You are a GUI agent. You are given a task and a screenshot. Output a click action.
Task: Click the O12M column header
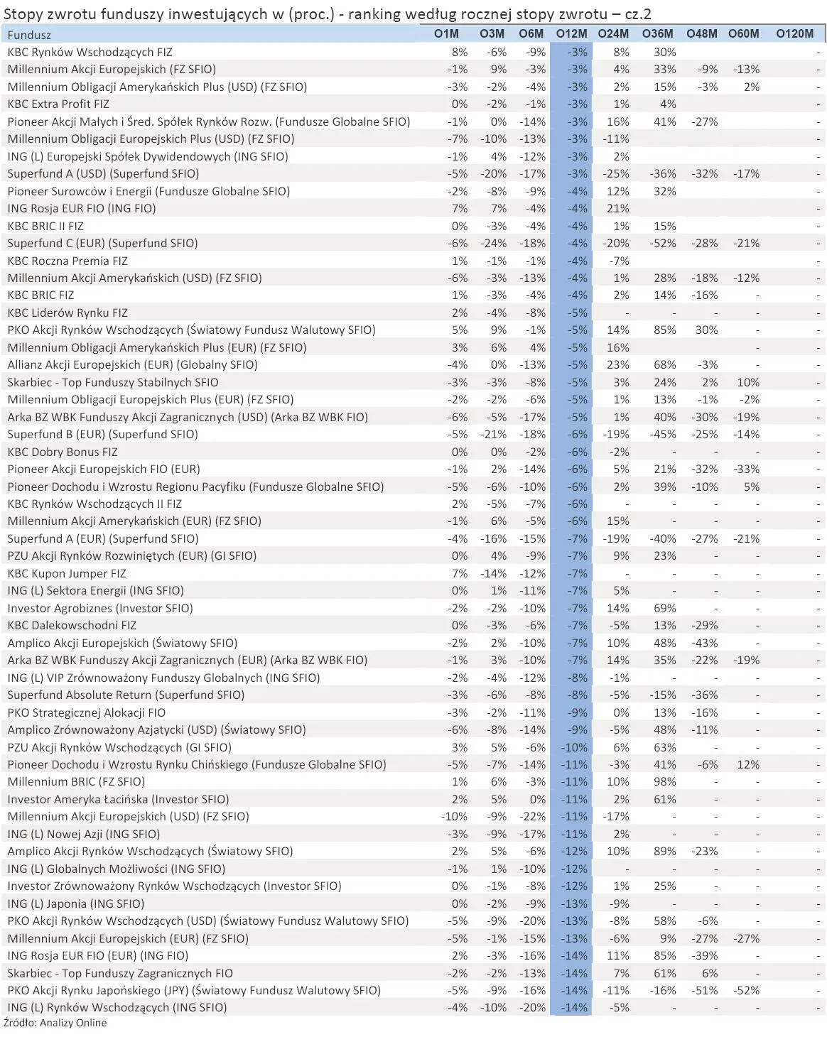coord(571,34)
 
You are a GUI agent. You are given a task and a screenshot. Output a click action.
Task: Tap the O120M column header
coord(794,34)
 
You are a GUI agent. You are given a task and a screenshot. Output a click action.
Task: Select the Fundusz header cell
coord(29,35)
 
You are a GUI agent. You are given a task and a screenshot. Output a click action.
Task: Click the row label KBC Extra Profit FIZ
coord(58,104)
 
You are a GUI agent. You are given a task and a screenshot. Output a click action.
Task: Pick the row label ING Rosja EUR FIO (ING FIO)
coord(82,208)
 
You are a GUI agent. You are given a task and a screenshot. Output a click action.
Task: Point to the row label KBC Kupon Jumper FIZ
coord(67,573)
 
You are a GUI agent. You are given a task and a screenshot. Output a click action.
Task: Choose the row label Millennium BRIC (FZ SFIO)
coord(76,781)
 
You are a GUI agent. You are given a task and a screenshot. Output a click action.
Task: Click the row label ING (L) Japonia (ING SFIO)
coord(76,903)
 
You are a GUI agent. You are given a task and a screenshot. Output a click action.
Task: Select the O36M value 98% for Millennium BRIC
coord(665,781)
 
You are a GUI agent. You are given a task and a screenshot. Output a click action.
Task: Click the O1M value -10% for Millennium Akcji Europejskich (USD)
coord(455,816)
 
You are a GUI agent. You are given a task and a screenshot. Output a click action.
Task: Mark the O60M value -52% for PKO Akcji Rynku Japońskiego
coord(747,990)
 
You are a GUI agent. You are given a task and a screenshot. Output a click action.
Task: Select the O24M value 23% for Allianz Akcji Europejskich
coord(617,364)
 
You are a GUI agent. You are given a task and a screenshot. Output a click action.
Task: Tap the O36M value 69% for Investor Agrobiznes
coord(665,608)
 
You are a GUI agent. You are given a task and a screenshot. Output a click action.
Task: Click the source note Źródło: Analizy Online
coord(55,1023)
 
